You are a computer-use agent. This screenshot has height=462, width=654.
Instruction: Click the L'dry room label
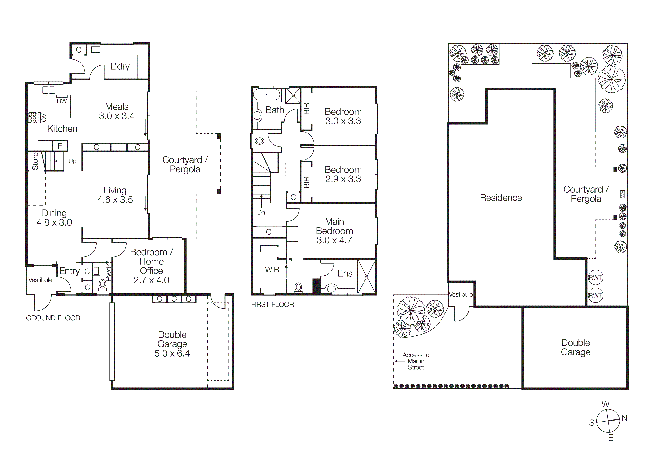120,66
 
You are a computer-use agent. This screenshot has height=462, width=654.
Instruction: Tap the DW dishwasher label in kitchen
62,101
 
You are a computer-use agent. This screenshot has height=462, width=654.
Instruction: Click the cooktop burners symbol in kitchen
32,118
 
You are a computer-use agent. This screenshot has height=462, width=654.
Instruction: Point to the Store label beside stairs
35,161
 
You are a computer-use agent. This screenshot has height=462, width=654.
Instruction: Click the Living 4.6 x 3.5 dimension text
115,200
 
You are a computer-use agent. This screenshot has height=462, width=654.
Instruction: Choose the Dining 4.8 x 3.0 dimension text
54,222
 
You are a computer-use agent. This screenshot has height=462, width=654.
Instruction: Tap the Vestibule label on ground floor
40,280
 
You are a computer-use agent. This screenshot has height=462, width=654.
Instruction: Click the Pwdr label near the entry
109,273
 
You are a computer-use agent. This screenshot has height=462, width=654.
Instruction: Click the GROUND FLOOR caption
53,318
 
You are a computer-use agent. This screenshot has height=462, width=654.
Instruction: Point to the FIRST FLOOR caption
272,305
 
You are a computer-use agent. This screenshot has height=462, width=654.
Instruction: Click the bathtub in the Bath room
267,94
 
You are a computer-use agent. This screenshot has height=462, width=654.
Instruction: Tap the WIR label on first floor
272,269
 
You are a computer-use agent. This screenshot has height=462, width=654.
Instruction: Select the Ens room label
345,274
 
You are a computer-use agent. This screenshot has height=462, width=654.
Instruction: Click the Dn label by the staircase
261,212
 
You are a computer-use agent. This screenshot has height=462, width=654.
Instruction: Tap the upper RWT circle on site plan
595,277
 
